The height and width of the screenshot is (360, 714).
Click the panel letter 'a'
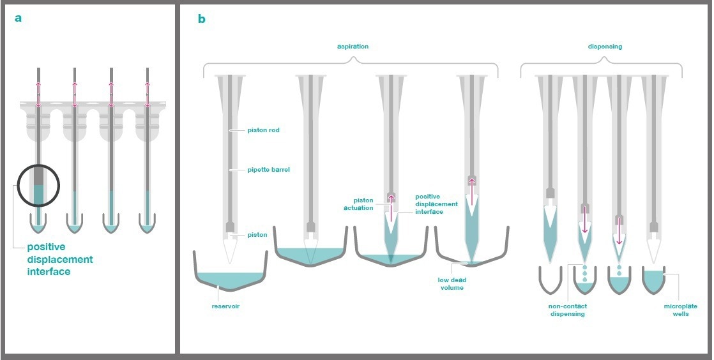(18, 18)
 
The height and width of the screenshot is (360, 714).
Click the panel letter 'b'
(201, 19)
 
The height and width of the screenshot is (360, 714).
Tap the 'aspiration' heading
(353, 47)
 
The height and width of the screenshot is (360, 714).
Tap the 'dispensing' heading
(605, 47)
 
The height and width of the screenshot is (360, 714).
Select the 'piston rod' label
(263, 130)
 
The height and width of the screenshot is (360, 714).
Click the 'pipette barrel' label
(268, 170)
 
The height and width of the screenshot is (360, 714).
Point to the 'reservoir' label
(225, 306)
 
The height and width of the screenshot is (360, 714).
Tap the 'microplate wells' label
(680, 310)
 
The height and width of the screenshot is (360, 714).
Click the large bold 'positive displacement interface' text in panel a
(60, 259)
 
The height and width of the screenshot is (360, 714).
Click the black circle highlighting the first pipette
(38, 186)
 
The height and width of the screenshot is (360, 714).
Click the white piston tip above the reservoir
(231, 250)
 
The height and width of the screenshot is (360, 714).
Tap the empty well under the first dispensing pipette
(549, 279)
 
